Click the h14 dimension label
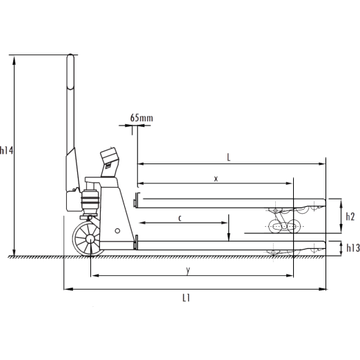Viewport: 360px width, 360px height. (6, 150)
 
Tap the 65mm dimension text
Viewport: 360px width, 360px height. (141, 118)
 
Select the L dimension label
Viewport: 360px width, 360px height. (228, 157)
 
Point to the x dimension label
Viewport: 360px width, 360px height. (216, 179)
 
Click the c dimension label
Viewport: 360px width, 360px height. (180, 218)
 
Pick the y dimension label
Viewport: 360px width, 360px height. (188, 270)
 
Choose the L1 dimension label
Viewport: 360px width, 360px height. (186, 298)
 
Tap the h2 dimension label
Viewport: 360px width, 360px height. (350, 217)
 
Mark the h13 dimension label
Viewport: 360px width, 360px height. (353, 248)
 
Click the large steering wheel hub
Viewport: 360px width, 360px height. (90, 239)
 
